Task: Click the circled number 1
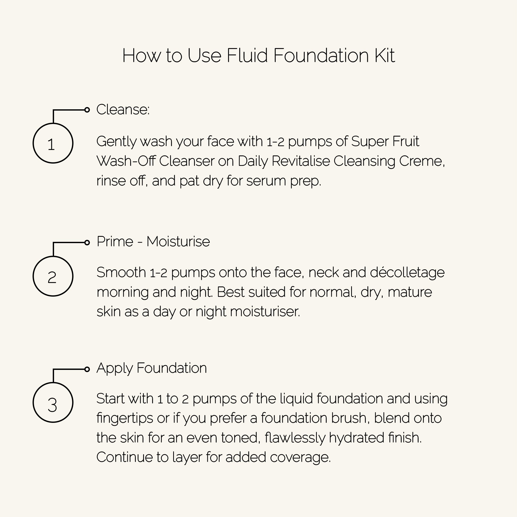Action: click(x=53, y=143)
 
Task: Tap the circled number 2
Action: click(x=53, y=276)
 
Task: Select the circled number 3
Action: click(x=53, y=402)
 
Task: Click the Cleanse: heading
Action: click(x=123, y=110)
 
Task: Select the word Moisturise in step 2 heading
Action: click(x=178, y=242)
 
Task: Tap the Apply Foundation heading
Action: click(x=151, y=368)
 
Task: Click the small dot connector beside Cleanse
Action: click(x=87, y=110)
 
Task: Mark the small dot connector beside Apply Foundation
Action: click(x=87, y=369)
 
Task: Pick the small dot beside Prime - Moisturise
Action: click(x=87, y=243)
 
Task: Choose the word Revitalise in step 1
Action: click(x=301, y=161)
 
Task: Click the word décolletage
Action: click(x=407, y=273)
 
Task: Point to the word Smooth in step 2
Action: click(x=121, y=273)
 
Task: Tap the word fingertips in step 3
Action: click(x=125, y=418)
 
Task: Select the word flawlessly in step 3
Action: click(x=295, y=438)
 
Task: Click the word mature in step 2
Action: click(x=410, y=292)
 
